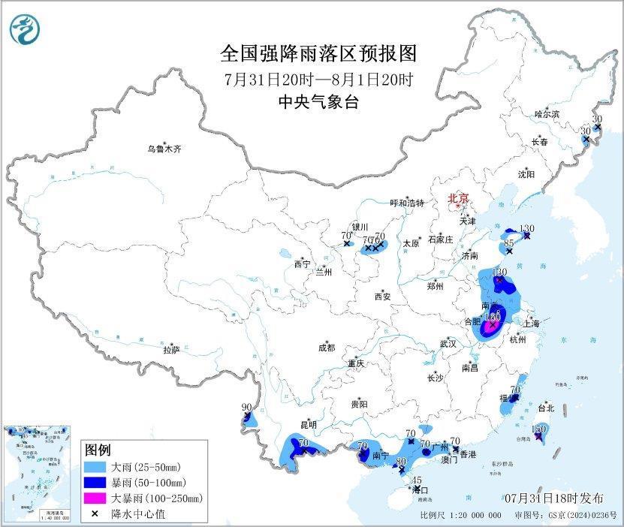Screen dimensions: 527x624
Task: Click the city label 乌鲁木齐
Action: click(x=164, y=149)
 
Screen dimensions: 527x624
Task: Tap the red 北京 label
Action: click(x=458, y=199)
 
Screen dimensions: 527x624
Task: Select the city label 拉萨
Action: click(x=171, y=350)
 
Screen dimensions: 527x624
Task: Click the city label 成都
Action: click(x=327, y=348)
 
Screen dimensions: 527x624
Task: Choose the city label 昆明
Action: click(x=308, y=425)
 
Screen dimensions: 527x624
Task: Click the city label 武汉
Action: click(x=448, y=344)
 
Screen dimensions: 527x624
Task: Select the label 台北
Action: click(x=545, y=408)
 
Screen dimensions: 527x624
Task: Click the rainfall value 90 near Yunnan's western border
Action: click(x=246, y=408)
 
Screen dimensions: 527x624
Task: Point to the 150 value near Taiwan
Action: click(x=538, y=429)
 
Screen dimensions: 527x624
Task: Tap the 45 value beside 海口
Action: click(x=418, y=480)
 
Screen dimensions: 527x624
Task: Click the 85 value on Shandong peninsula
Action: click(x=508, y=242)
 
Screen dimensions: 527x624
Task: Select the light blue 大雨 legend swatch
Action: click(x=95, y=467)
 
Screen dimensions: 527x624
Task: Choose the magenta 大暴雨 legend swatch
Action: click(x=95, y=498)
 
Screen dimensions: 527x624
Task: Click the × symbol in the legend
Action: click(x=94, y=513)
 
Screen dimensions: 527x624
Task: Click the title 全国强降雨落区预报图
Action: click(x=318, y=54)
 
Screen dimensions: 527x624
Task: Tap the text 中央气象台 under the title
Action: click(x=318, y=103)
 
